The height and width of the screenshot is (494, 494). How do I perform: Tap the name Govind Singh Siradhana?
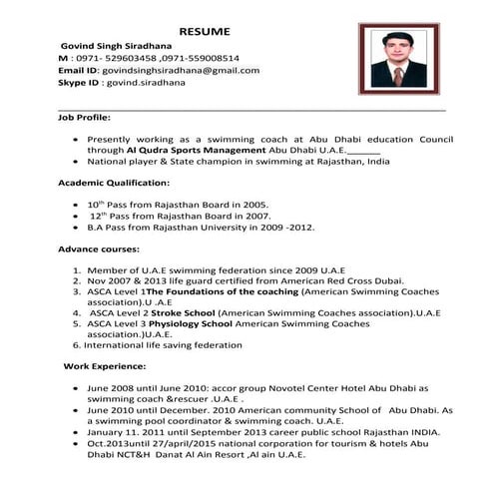[x=115, y=45]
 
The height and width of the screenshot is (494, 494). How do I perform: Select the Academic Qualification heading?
[x=114, y=184]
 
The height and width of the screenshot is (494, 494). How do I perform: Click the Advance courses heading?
[x=98, y=248]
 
